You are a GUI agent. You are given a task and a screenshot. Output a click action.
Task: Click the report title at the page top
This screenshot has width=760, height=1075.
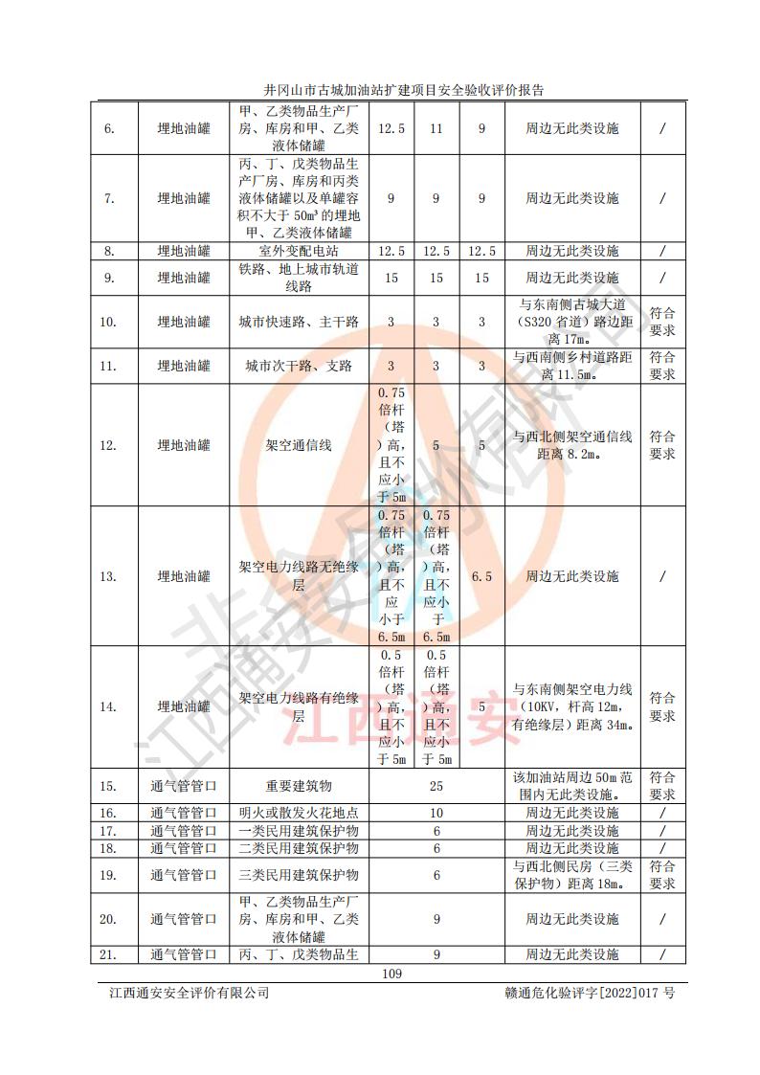click(403, 90)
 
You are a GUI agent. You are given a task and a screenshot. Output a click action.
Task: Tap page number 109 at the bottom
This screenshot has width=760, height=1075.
click(391, 974)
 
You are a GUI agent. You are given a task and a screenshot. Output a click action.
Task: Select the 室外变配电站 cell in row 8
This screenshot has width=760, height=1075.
click(298, 251)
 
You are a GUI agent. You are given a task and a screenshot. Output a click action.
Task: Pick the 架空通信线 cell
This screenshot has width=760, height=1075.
click(298, 445)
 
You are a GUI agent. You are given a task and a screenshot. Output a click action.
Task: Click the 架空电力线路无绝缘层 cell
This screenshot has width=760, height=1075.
click(298, 576)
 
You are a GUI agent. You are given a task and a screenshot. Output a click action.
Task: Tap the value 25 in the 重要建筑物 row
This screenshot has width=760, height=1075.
click(436, 786)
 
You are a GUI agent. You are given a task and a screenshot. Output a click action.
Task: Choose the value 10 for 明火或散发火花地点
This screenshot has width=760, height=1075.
click(436, 813)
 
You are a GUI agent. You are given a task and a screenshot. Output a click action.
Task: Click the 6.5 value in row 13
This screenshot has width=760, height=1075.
click(481, 576)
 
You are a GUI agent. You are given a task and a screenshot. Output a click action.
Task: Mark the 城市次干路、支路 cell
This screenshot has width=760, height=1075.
click(298, 366)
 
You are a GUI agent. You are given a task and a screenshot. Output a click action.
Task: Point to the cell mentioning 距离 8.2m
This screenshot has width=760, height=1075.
click(571, 445)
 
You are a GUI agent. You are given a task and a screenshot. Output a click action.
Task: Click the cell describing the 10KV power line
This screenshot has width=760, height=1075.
click(571, 706)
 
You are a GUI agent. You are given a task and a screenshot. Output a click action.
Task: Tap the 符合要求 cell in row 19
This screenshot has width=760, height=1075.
click(661, 875)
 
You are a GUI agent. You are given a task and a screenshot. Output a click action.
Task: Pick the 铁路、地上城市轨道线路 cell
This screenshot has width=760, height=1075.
click(298, 278)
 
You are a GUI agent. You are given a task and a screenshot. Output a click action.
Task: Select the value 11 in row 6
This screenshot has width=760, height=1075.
click(436, 128)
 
